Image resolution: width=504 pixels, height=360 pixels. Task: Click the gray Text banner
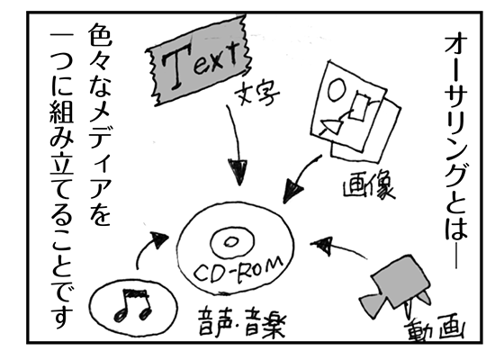pos(198,61)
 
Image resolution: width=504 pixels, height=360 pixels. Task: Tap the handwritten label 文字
pos(256,94)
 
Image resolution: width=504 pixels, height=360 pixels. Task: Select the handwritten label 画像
pos(368,186)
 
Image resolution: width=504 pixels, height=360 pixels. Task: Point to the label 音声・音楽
pos(242,322)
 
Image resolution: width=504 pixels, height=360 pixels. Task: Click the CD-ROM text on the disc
pos(238,271)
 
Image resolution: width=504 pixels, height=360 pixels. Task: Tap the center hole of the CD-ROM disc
pos(230,242)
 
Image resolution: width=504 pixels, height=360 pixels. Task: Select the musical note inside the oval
pos(132,304)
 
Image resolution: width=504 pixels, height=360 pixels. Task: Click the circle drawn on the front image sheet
pos(337,90)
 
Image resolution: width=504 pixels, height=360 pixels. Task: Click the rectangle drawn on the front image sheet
pos(359,106)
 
